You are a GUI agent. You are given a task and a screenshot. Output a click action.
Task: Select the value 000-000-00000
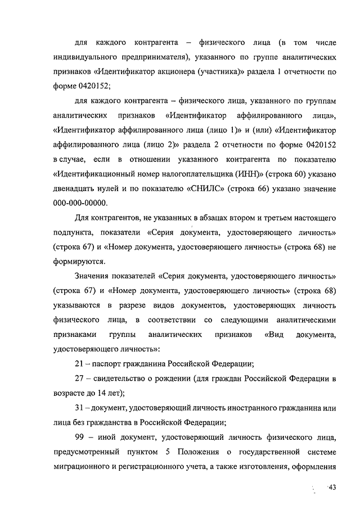coord(80,202)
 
